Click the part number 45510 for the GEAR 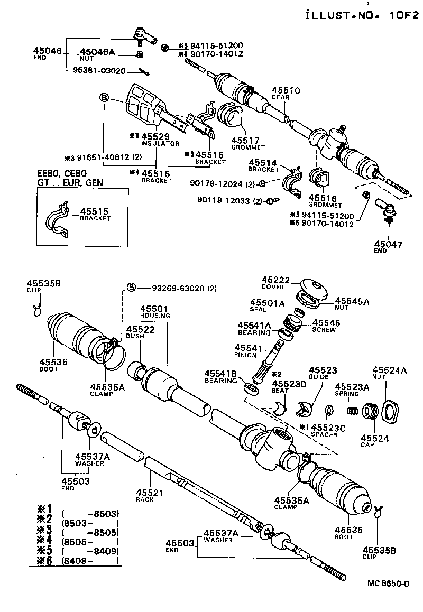click(x=286, y=91)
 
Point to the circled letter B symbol click(x=104, y=98)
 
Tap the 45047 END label click(x=388, y=245)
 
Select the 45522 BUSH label click(x=140, y=330)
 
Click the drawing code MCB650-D click(x=389, y=583)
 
